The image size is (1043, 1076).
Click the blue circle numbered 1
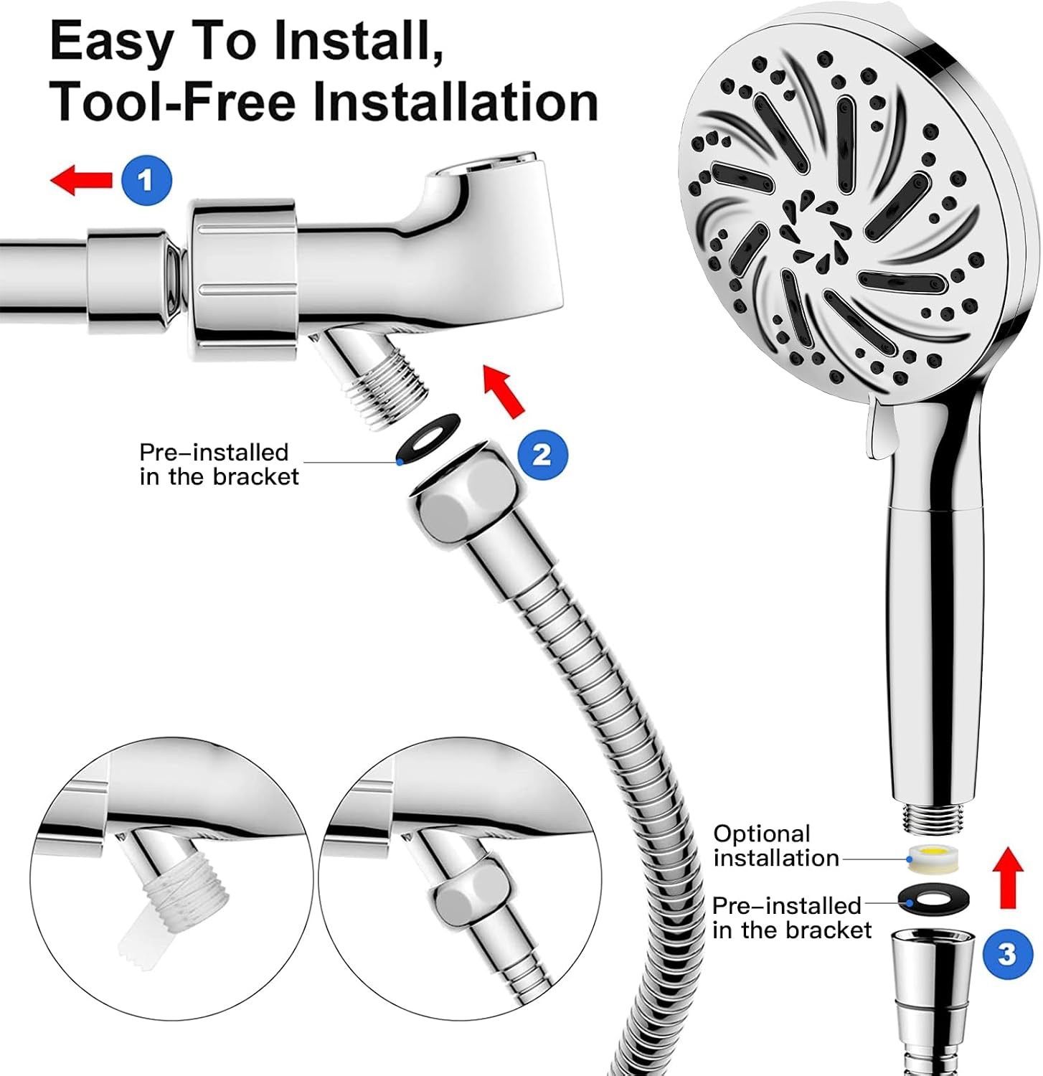(147, 179)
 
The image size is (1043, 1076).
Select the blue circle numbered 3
(1006, 954)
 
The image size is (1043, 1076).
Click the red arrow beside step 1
(81, 179)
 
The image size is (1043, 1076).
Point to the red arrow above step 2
(504, 390)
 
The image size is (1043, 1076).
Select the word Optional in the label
(761, 834)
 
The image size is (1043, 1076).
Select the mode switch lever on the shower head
(879, 431)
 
